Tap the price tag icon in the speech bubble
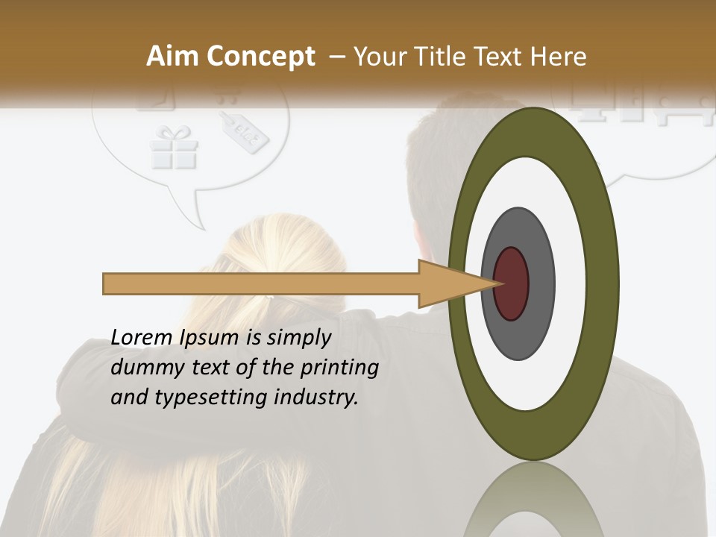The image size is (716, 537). [244, 133]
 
